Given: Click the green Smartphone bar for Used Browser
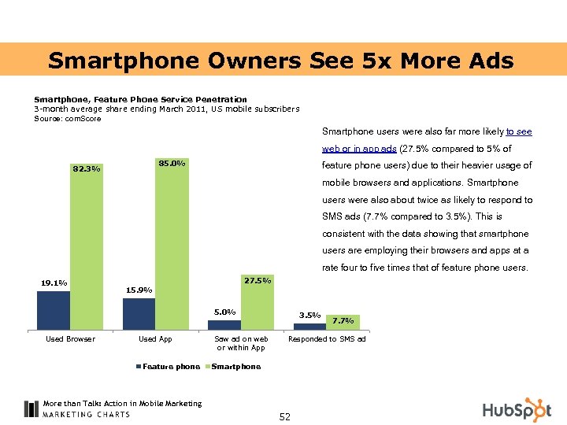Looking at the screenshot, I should coord(86,244).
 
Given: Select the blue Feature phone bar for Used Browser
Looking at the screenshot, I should coord(54,310).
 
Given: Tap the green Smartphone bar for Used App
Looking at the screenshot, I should coord(172,244).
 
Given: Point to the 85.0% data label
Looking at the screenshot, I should coord(172,164).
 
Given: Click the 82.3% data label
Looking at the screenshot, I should coord(86,168).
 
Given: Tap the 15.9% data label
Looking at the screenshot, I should coord(139,290).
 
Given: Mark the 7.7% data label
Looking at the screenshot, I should coord(343,320).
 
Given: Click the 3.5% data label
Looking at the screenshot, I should coord(309,315).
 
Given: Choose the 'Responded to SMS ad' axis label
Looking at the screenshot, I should coord(327,339).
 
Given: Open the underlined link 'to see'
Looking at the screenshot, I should coord(518,132).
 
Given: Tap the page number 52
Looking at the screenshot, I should coord(284,416).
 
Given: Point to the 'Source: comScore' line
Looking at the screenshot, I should coord(68,118).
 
